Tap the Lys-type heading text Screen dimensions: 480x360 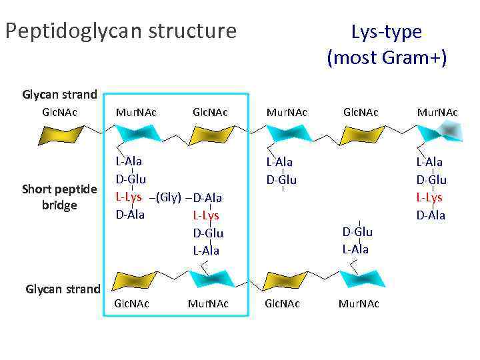click(x=386, y=31)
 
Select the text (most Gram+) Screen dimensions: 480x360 click(x=386, y=57)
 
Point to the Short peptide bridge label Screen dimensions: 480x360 click(x=59, y=197)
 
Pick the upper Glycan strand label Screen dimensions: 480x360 click(x=59, y=94)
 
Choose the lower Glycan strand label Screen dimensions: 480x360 click(x=63, y=289)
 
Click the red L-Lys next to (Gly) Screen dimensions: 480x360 click(x=129, y=197)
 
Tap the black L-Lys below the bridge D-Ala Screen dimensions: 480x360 click(x=205, y=215)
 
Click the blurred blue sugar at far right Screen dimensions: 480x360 click(x=439, y=135)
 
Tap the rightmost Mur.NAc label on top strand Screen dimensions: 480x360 click(x=437, y=112)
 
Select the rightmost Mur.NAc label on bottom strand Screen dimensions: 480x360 click(x=359, y=303)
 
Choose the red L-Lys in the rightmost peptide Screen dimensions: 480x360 click(x=430, y=197)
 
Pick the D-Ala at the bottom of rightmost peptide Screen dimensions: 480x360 click(x=431, y=215)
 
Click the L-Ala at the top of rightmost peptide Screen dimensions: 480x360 click(x=430, y=162)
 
